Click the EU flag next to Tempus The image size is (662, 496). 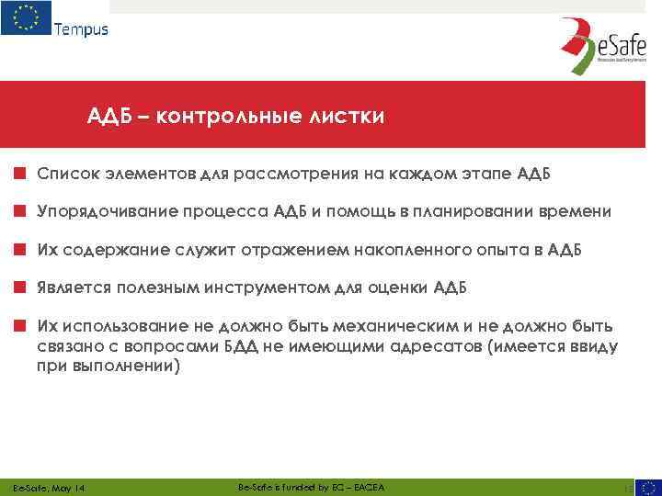click(x=26, y=18)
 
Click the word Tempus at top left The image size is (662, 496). click(x=81, y=28)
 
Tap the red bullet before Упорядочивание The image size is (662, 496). click(x=18, y=211)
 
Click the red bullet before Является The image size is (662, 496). click(x=18, y=287)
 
